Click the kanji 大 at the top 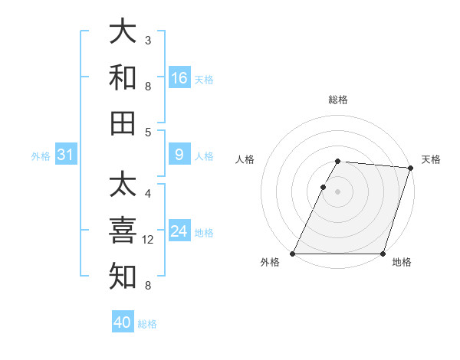[x=123, y=32]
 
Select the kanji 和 [x=123, y=77]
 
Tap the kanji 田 [x=123, y=123]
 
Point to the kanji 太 [x=123, y=185]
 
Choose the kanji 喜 [x=123, y=231]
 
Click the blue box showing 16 [x=179, y=78]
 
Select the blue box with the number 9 [x=179, y=155]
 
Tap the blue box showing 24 [x=179, y=231]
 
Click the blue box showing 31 [x=66, y=155]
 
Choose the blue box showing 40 [x=123, y=322]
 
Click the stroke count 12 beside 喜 [x=149, y=240]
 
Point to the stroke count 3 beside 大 [x=148, y=40]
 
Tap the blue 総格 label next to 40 [x=147, y=324]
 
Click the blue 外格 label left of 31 [x=41, y=156]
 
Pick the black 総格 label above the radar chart [x=338, y=100]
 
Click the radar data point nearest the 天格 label [x=410, y=168]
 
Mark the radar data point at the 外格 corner [x=293, y=254]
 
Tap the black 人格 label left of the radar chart [x=245, y=159]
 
